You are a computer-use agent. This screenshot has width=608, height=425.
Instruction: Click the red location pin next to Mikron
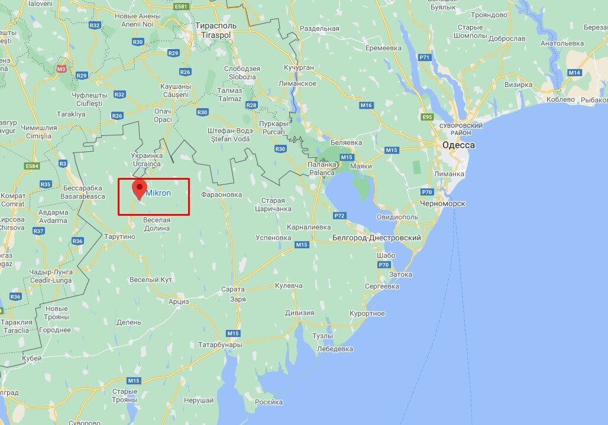(x=139, y=189)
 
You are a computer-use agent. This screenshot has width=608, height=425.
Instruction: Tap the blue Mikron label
(x=159, y=193)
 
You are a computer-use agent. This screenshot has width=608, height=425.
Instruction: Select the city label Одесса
(x=458, y=145)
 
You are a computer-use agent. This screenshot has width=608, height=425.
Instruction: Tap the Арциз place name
(x=178, y=301)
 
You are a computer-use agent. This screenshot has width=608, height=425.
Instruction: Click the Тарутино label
(x=119, y=236)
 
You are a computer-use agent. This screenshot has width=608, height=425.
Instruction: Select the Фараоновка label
(x=222, y=193)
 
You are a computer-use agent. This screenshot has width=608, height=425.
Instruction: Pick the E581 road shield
(x=181, y=7)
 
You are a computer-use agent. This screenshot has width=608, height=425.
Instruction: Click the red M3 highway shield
(x=62, y=69)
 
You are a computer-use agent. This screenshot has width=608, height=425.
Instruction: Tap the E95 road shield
(x=428, y=117)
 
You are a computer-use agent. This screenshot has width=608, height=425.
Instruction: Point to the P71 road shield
(x=424, y=57)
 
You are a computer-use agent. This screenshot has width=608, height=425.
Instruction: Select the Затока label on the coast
(x=400, y=274)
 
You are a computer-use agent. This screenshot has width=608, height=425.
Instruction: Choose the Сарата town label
(x=232, y=289)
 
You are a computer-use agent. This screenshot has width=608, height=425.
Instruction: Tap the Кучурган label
(x=299, y=68)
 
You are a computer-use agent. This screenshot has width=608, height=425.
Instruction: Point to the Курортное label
(x=367, y=313)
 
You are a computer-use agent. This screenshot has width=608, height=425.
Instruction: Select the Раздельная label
(x=319, y=28)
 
